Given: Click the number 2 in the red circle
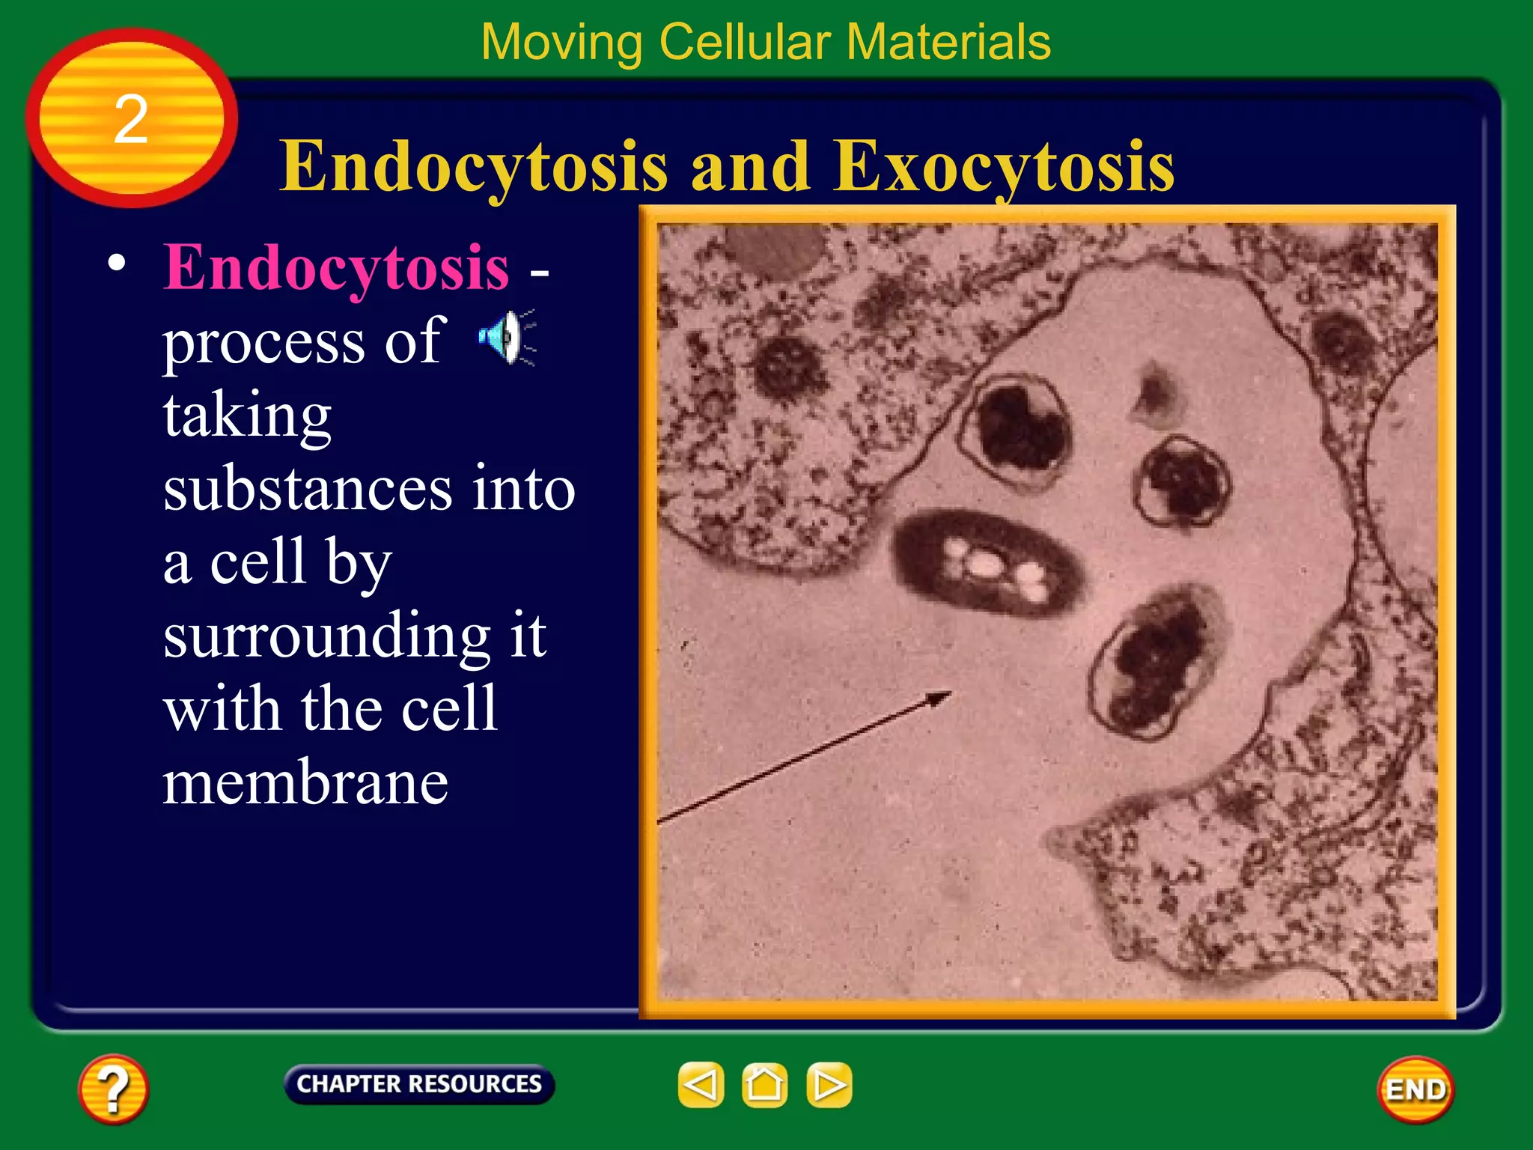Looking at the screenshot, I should [x=131, y=120].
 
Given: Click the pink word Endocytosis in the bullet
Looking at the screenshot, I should [x=336, y=267].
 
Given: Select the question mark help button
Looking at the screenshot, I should [x=113, y=1089].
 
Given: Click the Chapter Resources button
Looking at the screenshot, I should [x=418, y=1084].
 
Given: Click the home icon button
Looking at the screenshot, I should [x=764, y=1084].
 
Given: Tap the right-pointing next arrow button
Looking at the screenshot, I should [x=829, y=1084].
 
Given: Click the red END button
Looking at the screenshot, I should [x=1415, y=1089].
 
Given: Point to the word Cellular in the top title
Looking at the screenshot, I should [x=745, y=42].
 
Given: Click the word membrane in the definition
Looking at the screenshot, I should [x=305, y=782].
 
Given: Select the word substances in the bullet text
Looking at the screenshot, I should [x=308, y=489].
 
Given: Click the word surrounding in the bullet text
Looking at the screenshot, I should [x=326, y=636].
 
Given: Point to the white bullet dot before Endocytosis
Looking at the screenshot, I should [x=116, y=263].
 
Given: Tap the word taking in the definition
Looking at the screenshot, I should [x=247, y=416].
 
